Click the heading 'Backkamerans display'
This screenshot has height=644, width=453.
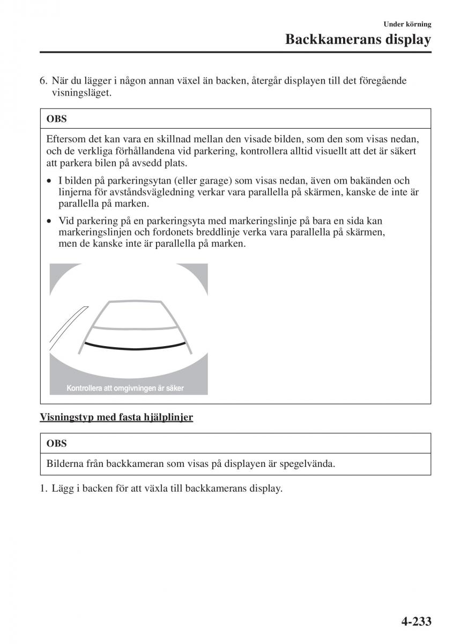[358, 40]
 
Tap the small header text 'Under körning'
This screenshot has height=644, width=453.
[407, 24]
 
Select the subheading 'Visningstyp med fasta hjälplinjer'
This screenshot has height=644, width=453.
[116, 417]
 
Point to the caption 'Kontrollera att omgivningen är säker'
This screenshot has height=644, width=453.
[125, 388]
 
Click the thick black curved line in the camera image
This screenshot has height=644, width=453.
[134, 346]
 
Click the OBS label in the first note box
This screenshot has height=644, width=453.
[57, 119]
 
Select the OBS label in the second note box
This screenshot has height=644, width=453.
[57, 443]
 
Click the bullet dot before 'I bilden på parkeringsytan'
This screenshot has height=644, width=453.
[49, 181]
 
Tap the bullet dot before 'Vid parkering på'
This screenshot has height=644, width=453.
[49, 221]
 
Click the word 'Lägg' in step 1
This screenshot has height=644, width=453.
[62, 488]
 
